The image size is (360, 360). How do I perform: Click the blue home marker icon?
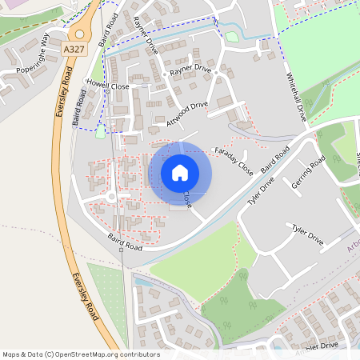tap(180, 173)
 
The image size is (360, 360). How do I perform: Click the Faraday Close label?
tap(234, 161)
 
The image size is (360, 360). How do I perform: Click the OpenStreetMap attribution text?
tap(80, 354)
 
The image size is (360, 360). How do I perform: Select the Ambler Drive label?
tap(319, 346)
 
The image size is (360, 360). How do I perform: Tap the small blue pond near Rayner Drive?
tap(232, 36)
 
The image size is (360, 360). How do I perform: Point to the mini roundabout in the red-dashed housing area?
tap(111, 197)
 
